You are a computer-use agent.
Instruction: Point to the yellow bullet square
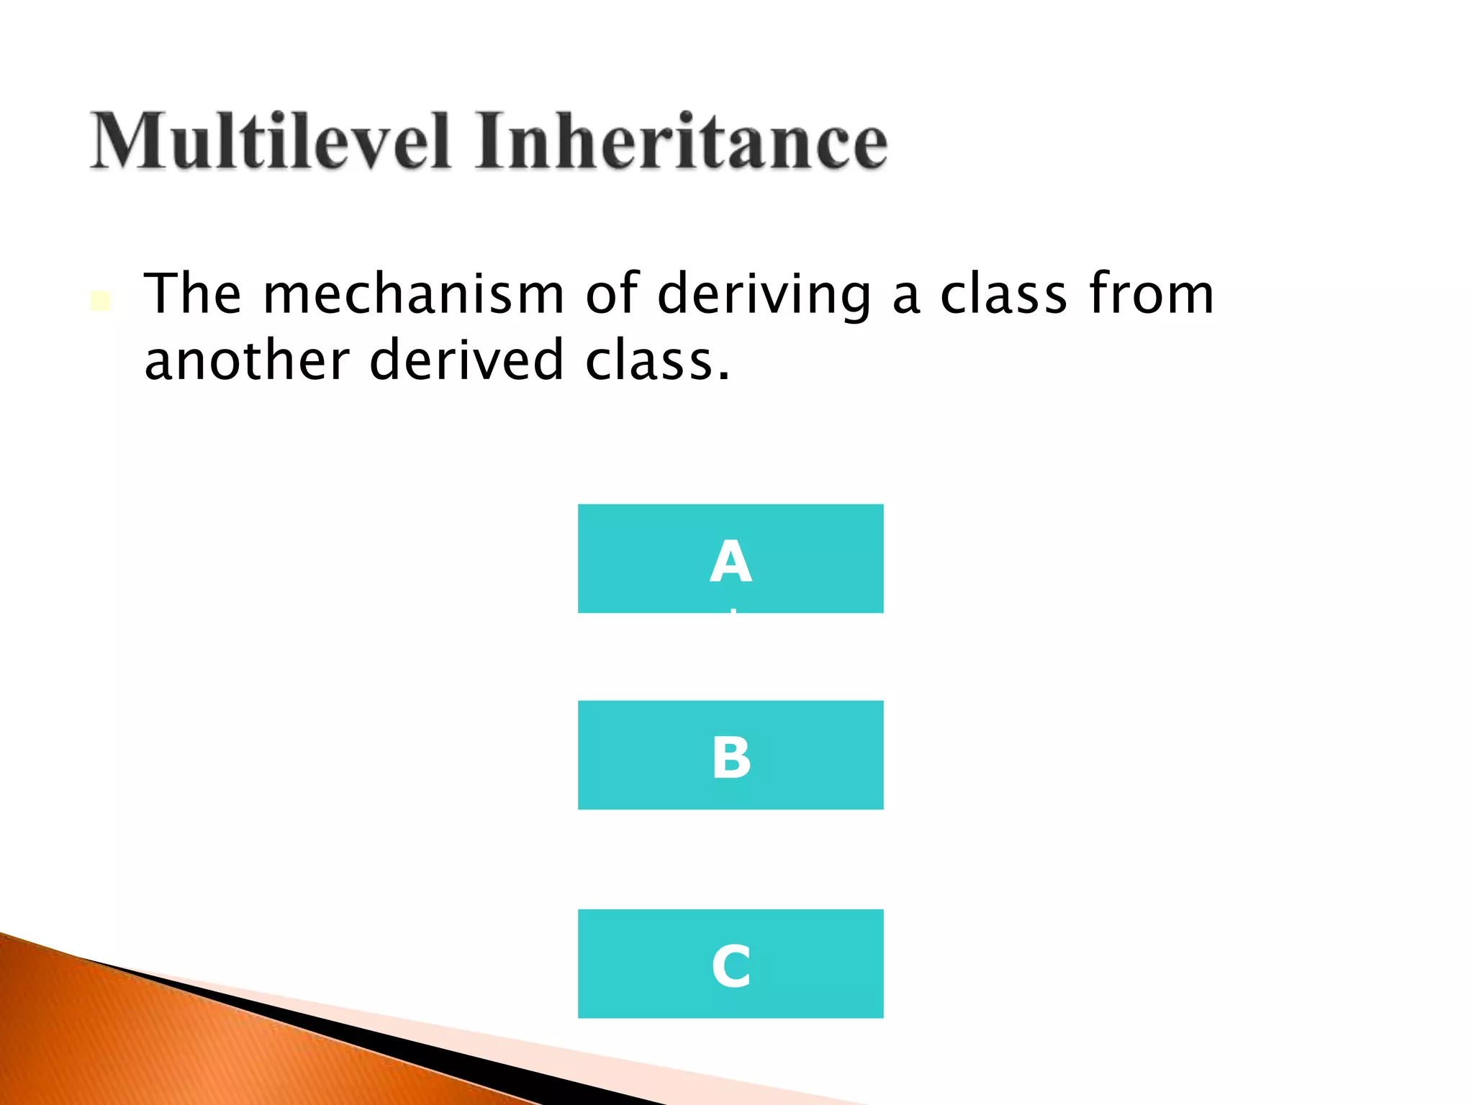click(x=101, y=301)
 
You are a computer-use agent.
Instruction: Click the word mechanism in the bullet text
click(x=413, y=294)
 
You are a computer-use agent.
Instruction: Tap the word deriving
click(x=764, y=294)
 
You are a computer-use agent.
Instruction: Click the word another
click(x=247, y=360)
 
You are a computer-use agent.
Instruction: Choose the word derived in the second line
click(x=466, y=360)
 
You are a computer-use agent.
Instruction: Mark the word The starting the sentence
click(x=193, y=294)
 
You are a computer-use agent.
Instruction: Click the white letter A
click(x=731, y=563)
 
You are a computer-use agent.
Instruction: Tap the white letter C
click(x=731, y=966)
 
